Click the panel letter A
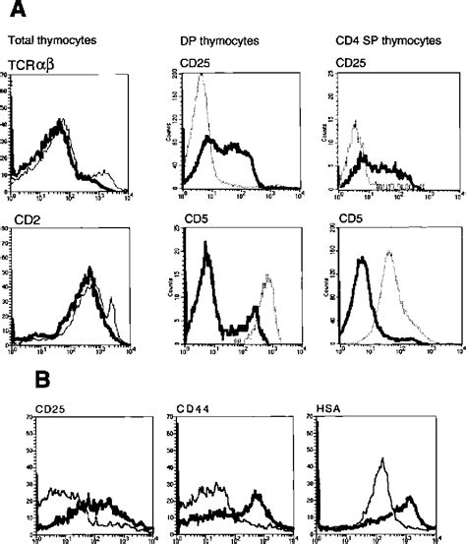(x=16, y=10)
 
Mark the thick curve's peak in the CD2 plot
(x=90, y=269)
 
